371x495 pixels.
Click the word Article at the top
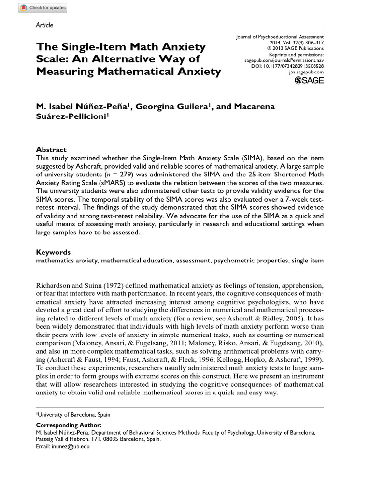coord(45,25)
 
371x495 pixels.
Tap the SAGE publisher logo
coord(310,80)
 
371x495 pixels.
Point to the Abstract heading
coord(52,149)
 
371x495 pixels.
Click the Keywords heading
coord(54,252)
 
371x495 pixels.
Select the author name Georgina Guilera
coord(171,106)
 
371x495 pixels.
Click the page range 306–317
coord(314,43)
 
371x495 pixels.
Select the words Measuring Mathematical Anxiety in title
coord(128,72)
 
